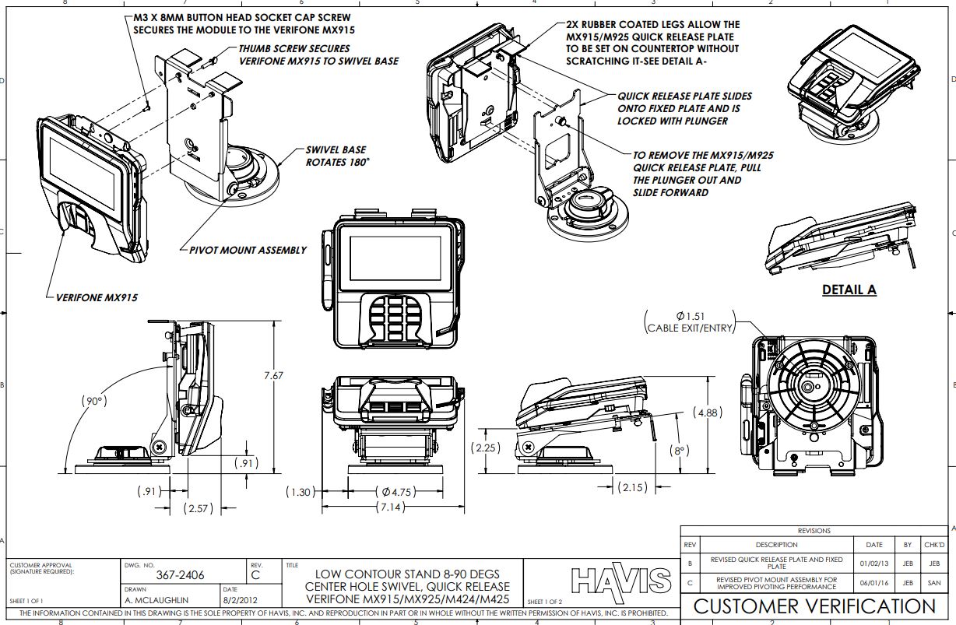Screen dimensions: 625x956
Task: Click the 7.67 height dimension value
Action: pyautogui.click(x=273, y=375)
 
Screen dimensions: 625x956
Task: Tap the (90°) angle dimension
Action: pyautogui.click(x=94, y=401)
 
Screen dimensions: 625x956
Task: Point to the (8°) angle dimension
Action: pyautogui.click(x=680, y=450)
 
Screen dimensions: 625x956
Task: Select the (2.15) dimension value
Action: pyautogui.click(x=632, y=487)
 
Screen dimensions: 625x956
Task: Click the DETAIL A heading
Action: pyautogui.click(x=849, y=290)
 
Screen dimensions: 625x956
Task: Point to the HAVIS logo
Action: pyautogui.click(x=620, y=581)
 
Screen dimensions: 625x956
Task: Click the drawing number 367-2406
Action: pyautogui.click(x=181, y=575)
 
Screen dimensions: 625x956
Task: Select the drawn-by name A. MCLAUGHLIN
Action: pyautogui.click(x=156, y=600)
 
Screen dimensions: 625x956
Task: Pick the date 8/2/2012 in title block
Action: pyautogui.click(x=240, y=600)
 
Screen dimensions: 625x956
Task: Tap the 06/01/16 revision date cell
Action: pyautogui.click(x=873, y=583)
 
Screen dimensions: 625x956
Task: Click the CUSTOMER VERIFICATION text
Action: pyautogui.click(x=814, y=607)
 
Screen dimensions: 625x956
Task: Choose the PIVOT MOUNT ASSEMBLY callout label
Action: pyautogui.click(x=248, y=251)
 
